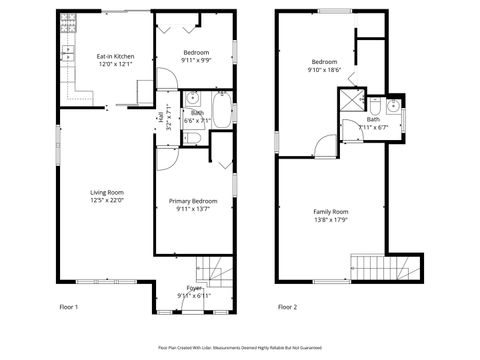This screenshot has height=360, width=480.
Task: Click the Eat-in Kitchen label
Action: coord(115,57)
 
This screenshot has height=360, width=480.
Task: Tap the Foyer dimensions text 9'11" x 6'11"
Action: coord(193,296)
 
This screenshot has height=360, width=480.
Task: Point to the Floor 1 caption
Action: coord(69,306)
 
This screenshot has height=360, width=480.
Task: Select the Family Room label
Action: coord(330,212)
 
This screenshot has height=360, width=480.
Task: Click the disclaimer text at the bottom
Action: coord(240,347)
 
